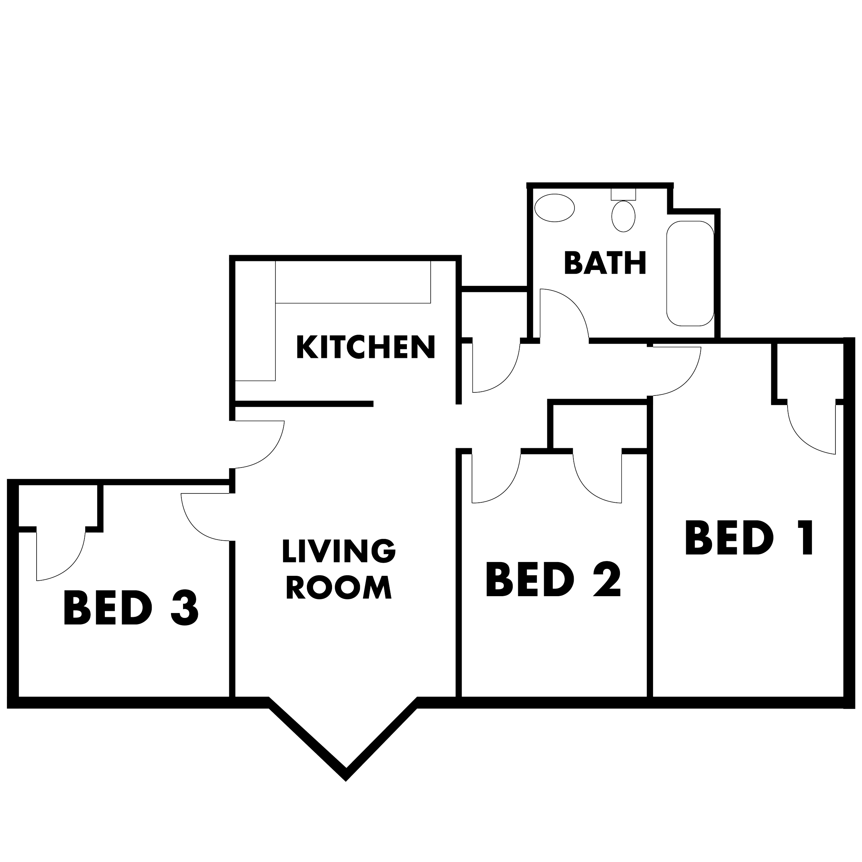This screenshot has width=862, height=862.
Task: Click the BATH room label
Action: [605, 263]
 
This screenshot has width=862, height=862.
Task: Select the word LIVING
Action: [339, 551]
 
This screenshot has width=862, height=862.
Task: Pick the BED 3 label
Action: [131, 608]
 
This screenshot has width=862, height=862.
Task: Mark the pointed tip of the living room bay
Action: [346, 780]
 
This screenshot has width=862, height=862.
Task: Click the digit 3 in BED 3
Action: [184, 608]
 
